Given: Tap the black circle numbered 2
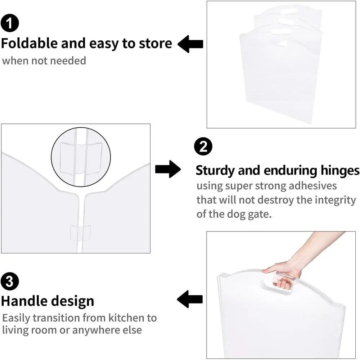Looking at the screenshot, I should (203, 147).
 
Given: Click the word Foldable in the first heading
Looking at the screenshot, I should (29, 44).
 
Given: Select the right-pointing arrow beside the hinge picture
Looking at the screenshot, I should (168, 169).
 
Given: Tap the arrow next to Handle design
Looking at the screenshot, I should (190, 300).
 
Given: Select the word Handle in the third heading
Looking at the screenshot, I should (24, 301).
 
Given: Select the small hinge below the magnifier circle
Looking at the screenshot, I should (81, 233).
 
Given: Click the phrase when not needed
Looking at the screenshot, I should (44, 61).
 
